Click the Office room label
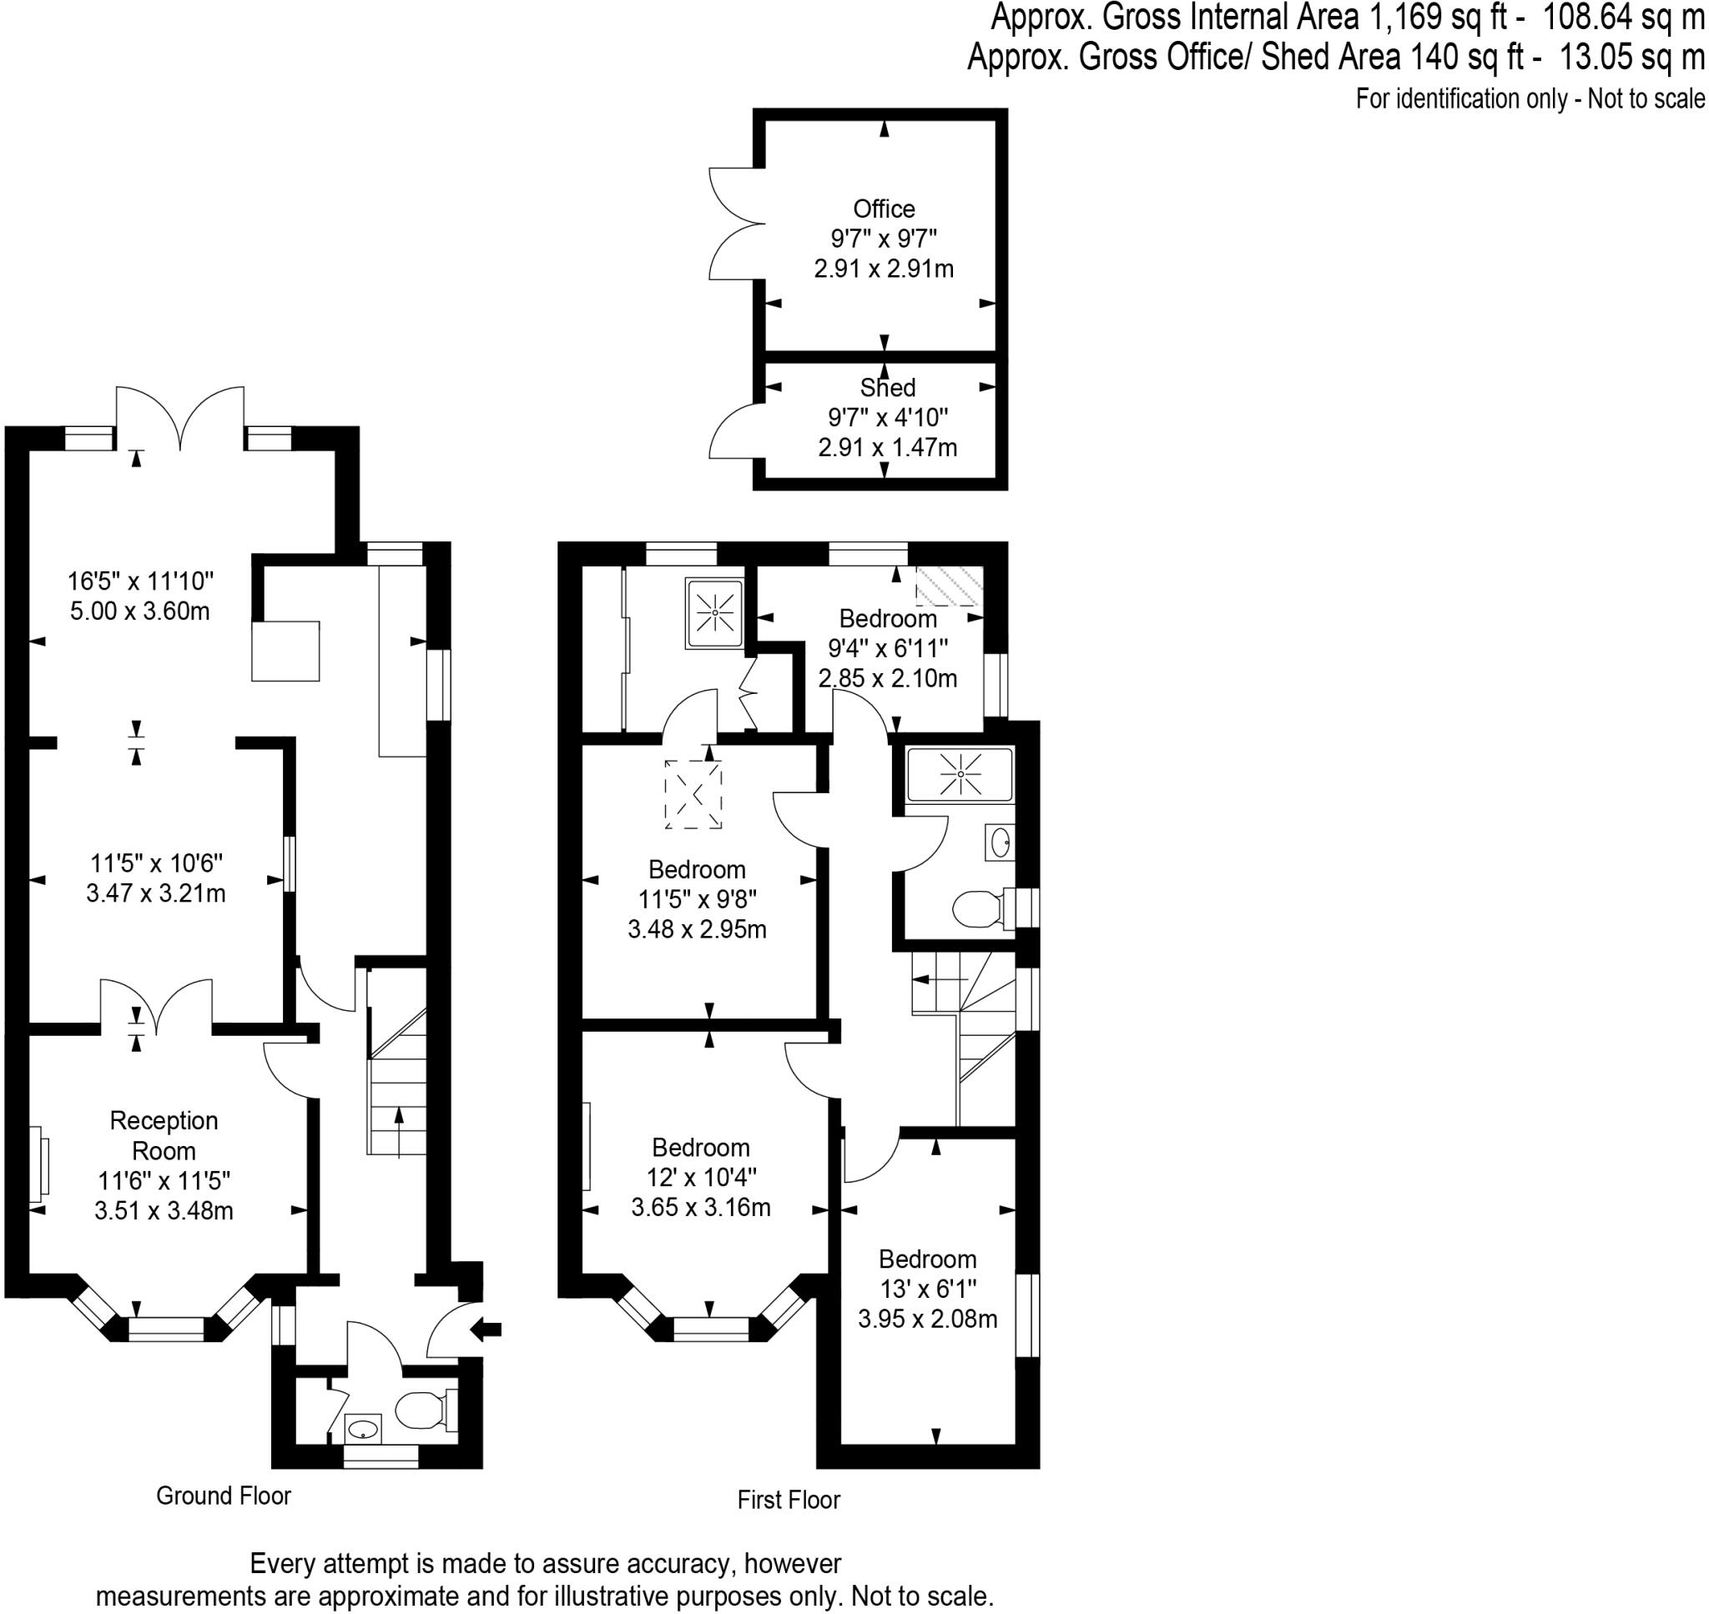click(x=884, y=209)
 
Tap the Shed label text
click(x=887, y=388)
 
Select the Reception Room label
click(x=164, y=1136)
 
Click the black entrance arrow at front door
click(x=488, y=1330)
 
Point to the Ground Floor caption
click(x=224, y=1496)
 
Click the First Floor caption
click(x=789, y=1501)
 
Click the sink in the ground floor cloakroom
click(x=363, y=1430)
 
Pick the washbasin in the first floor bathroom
click(x=1001, y=842)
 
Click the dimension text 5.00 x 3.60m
click(x=139, y=611)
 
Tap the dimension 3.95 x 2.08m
click(x=928, y=1319)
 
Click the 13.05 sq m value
click(x=1631, y=58)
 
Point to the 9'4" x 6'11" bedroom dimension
click(x=888, y=649)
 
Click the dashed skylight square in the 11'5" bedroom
click(x=693, y=795)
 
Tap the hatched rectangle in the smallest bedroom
click(x=947, y=586)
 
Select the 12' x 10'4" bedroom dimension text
click(x=701, y=1177)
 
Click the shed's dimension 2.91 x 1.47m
click(x=887, y=447)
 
